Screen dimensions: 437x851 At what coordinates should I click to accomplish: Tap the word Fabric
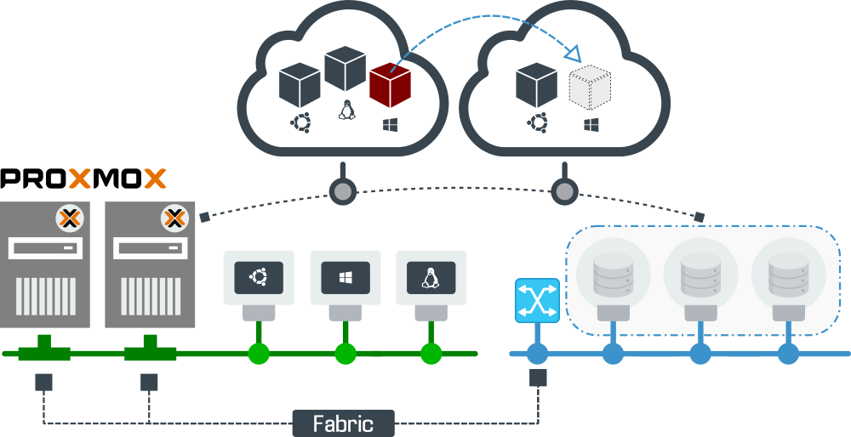coord(343,423)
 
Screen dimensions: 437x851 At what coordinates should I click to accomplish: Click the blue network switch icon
coord(537,301)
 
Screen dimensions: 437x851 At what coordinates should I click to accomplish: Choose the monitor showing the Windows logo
coord(345,277)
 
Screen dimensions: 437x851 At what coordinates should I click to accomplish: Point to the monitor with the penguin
coord(431,277)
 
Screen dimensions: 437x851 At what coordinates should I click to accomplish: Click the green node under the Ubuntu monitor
coord(258,353)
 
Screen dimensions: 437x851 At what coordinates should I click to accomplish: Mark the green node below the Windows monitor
coord(345,353)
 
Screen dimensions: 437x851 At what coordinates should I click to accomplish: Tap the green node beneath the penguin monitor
coord(431,353)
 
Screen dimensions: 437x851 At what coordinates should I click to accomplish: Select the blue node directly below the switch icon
coord(537,353)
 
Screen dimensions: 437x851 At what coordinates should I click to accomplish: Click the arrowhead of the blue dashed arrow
coord(575,54)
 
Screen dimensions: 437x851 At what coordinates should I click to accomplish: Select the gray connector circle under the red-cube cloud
coord(342,192)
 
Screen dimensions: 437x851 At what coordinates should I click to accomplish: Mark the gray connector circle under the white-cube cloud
coord(563,190)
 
